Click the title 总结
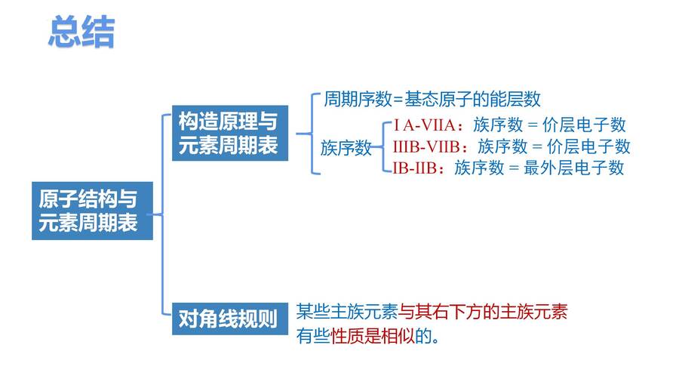pos(81,32)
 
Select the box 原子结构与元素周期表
pos(92,211)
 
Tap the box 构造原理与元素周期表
pos(230,133)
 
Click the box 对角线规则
pos(230,319)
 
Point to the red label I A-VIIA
pos(424,125)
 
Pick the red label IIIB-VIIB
pos(426,146)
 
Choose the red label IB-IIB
pos(414,168)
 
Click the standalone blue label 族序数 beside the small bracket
pos(346,148)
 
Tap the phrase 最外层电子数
pos(574,168)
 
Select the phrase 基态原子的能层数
pos(472,99)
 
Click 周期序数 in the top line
pos(358,99)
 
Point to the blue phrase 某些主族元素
pos(347,312)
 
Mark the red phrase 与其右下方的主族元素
pos(483,312)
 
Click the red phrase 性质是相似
pos(373,336)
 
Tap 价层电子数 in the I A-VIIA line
pos(584,125)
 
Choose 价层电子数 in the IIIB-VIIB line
pos(588,146)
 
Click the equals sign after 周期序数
pos(398,100)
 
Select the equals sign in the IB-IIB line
pos(514,168)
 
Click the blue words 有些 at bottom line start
pos(313,336)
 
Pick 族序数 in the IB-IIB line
pos(479,168)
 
